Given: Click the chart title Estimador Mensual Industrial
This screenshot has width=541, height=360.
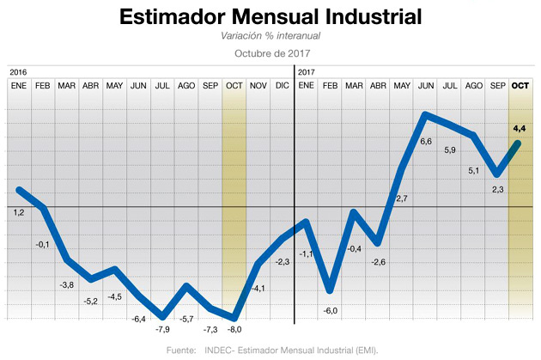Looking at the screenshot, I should (x=270, y=18).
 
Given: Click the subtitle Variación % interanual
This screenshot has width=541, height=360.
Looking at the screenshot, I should (x=270, y=36).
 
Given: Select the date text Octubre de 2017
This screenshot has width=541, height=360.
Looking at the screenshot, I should (x=270, y=53).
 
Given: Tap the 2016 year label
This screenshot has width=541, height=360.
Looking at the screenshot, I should (x=19, y=72).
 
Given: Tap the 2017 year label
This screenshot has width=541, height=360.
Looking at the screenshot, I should (x=306, y=72).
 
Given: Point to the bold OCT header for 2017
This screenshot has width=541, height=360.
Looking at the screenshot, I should (x=520, y=86).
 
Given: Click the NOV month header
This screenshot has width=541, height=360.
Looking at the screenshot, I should (x=258, y=86).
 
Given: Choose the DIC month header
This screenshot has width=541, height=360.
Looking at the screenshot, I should (x=282, y=86).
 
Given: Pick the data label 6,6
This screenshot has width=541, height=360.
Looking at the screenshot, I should (x=426, y=141).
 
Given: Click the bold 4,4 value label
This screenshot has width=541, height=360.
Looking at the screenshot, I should (x=519, y=128).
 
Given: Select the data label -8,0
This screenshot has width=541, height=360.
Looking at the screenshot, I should (x=234, y=329).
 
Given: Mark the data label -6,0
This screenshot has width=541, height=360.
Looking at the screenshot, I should (x=331, y=310).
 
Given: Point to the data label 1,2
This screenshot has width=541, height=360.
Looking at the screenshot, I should (x=19, y=211).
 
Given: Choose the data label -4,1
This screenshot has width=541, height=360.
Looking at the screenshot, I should (x=258, y=288).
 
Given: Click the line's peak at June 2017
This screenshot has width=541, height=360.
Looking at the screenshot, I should (x=427, y=114).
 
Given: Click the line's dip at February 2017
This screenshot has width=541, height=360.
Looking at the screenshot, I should (x=330, y=289).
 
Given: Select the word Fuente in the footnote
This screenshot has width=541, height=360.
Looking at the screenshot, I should (x=182, y=350).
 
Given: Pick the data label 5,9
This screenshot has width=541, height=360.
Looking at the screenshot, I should (x=450, y=151).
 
